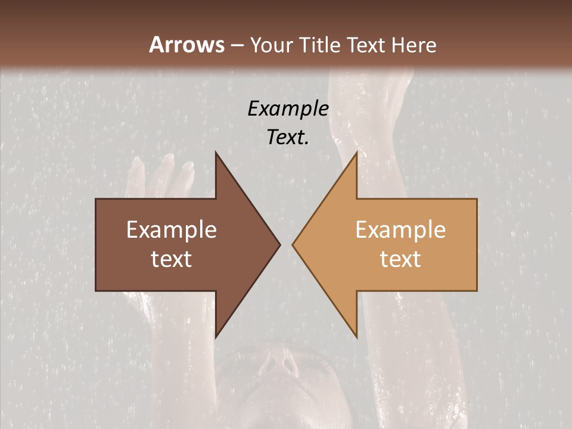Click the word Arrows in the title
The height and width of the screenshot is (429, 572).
coord(186,45)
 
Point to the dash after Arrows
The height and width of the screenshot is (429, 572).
coord(237,45)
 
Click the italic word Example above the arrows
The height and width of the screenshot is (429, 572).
coord(288,108)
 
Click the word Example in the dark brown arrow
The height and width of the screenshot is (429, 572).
coord(172,230)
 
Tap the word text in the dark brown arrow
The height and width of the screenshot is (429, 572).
coord(172,259)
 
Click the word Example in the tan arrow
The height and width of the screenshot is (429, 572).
coord(400,230)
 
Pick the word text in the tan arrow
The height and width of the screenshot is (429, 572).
coord(400,259)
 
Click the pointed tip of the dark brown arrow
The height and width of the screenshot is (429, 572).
coord(279,244)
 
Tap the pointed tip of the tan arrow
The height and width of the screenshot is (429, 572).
coord(293,244)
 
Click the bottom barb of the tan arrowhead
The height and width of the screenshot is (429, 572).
coord(356,335)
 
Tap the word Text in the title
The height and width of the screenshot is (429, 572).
coord(365,45)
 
